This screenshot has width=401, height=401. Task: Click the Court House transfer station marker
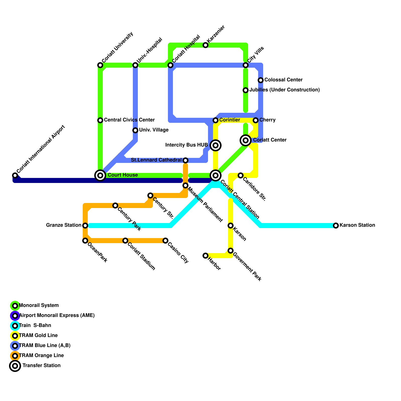click(100, 175)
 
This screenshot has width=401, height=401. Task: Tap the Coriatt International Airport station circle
click(15, 175)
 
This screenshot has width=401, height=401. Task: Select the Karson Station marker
click(336, 226)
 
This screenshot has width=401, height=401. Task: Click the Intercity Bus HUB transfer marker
click(216, 145)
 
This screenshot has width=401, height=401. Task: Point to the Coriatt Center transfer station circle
click(246, 140)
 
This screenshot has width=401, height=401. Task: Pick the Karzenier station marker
click(206, 45)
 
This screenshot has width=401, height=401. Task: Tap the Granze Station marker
click(85, 226)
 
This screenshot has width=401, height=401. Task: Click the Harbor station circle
click(206, 256)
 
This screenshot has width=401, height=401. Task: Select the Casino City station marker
click(165, 241)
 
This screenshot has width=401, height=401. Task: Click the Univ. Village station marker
click(135, 130)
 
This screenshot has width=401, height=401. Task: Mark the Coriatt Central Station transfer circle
click(216, 175)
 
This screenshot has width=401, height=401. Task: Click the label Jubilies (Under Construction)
click(284, 90)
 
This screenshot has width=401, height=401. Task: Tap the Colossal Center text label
click(283, 80)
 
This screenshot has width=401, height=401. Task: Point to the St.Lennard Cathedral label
click(156, 160)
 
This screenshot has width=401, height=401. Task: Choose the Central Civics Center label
click(129, 120)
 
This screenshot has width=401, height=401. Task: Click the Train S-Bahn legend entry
click(35, 326)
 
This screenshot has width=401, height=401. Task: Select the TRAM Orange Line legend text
click(41, 356)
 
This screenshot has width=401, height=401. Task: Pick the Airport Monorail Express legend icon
click(15, 316)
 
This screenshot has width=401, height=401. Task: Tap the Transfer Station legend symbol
click(15, 366)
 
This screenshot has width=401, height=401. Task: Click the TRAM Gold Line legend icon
click(15, 336)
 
